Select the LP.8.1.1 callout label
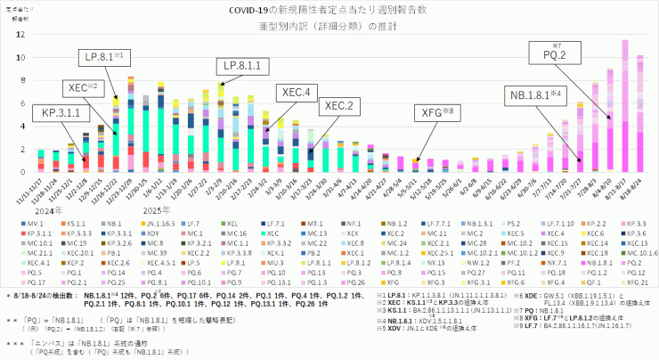[240, 66]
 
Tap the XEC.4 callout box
[296, 92]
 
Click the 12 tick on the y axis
[21, 34]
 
